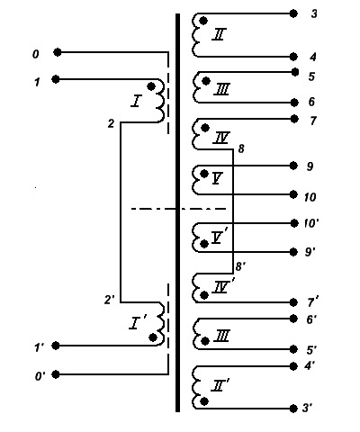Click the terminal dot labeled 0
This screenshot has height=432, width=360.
(58, 52)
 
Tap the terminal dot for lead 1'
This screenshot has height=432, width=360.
(56, 346)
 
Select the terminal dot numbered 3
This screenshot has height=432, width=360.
(293, 13)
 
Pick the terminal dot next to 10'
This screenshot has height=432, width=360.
(294, 223)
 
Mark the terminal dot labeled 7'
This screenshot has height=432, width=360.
(293, 302)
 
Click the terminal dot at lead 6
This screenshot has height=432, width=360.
(294, 103)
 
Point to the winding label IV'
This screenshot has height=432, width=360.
(223, 286)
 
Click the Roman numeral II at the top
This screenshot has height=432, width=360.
(220, 34)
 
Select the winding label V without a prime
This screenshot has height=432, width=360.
(217, 178)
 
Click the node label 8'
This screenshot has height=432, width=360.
(240, 265)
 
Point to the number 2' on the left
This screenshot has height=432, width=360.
(110, 300)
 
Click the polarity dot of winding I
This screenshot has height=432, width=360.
(151, 86)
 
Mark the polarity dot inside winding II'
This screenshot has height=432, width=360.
(204, 401)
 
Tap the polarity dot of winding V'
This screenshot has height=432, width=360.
(204, 244)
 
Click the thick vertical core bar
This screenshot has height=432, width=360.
(177, 212)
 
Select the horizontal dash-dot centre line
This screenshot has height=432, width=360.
(178, 209)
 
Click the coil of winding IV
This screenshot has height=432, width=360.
(195, 134)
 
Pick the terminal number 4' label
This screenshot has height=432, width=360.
(310, 366)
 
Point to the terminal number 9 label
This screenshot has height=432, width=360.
(310, 166)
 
